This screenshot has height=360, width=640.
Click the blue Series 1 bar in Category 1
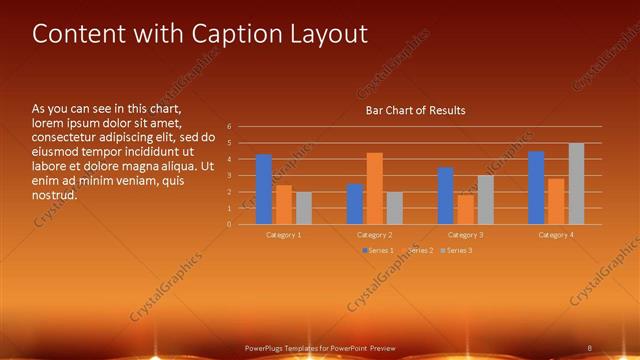pyautogui.click(x=264, y=190)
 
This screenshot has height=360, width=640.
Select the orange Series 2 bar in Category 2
pyautogui.click(x=374, y=189)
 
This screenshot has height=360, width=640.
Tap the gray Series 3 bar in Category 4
pyautogui.click(x=576, y=184)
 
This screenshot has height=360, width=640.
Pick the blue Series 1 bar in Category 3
pyautogui.click(x=445, y=196)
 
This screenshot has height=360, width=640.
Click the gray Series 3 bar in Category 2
pyautogui.click(x=394, y=208)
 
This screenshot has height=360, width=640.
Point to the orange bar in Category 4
pyautogui.click(x=556, y=201)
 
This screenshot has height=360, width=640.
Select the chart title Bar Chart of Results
pyautogui.click(x=415, y=110)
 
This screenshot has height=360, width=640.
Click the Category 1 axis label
pyautogui.click(x=283, y=234)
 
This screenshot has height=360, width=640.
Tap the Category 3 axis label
pyautogui.click(x=465, y=234)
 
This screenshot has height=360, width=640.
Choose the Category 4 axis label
pyautogui.click(x=556, y=234)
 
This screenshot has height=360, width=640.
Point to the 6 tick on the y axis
pyautogui.click(x=229, y=127)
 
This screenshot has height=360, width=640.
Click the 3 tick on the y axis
pyautogui.click(x=229, y=176)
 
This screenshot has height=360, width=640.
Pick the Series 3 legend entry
pyautogui.click(x=459, y=250)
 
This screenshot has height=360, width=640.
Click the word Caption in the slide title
pyautogui.click(x=217, y=34)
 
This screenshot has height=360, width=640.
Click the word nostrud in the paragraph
pyautogui.click(x=55, y=195)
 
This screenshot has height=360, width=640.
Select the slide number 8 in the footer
pyautogui.click(x=589, y=347)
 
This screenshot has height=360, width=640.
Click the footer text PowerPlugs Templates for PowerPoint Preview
pyautogui.click(x=320, y=347)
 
